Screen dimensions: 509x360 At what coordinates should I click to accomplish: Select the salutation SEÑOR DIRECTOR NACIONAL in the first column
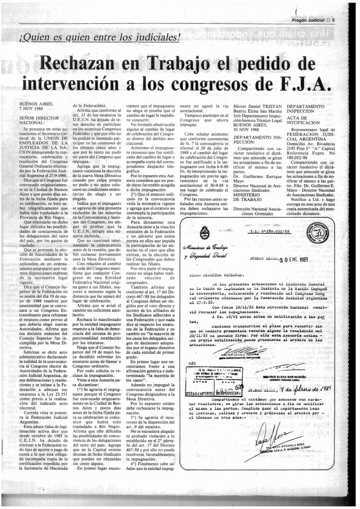coord(40,119)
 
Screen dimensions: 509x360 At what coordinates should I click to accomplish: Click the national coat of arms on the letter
coord(204,232)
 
